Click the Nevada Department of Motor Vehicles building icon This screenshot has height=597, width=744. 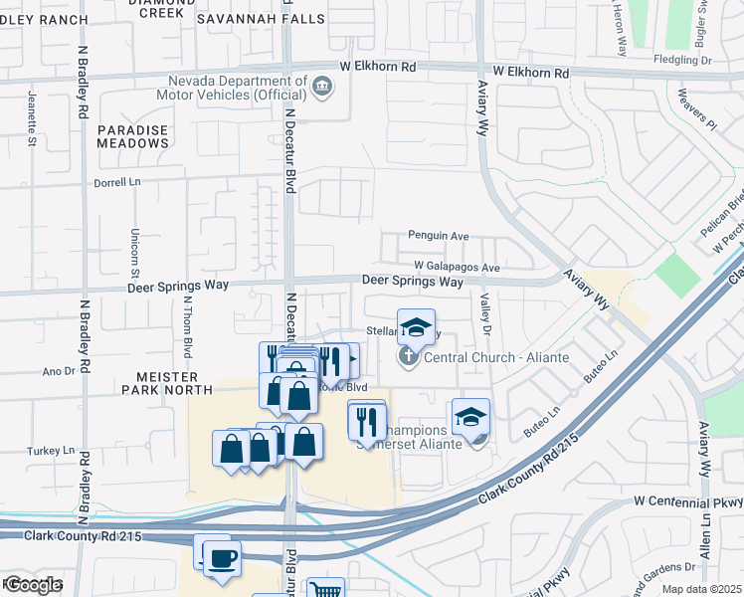pos(321,87)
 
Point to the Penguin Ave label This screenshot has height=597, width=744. pos(438,236)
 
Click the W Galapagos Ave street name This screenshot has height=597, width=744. pos(457,268)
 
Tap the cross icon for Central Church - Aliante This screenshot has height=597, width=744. pos(409,357)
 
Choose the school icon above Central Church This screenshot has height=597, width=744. pos(416,326)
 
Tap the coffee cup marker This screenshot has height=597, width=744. pos(221,557)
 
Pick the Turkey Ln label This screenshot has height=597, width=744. pos(56,451)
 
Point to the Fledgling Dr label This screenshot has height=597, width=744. pos(686,61)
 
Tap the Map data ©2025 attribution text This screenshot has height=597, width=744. pos(701,589)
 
